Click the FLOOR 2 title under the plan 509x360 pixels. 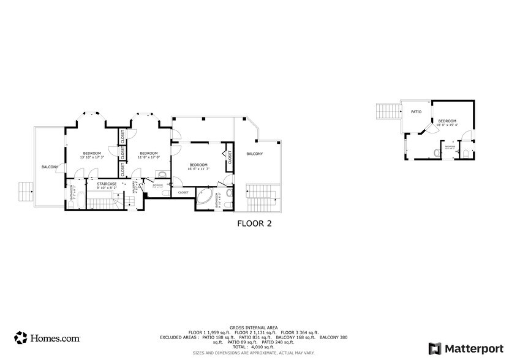254,223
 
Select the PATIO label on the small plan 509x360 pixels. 417,112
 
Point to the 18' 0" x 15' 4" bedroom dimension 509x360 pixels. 447,125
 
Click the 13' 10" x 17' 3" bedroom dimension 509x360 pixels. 92,157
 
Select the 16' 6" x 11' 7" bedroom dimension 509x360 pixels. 198,168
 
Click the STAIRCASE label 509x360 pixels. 107,184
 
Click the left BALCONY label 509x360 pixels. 50,167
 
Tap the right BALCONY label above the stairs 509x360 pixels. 254,154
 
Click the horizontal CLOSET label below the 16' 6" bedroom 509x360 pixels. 183,192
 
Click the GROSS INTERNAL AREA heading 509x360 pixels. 254,328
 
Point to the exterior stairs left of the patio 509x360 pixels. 387,111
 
